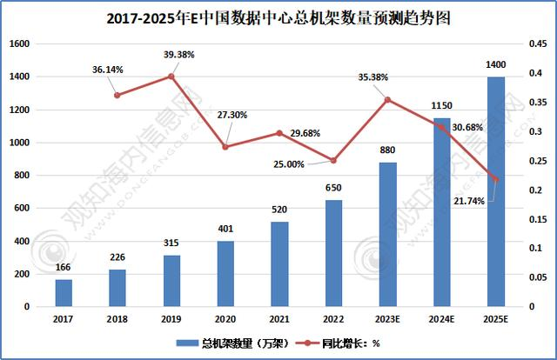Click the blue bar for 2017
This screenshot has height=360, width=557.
point(64,293)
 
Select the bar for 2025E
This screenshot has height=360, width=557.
point(495,191)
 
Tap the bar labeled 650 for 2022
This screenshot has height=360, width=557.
point(333,253)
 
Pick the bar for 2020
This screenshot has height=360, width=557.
point(225,274)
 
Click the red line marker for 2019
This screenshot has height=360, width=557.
point(171,77)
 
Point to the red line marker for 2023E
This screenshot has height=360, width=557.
point(387,99)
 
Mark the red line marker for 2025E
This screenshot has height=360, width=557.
point(495,180)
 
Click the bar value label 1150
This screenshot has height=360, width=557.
point(441,106)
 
